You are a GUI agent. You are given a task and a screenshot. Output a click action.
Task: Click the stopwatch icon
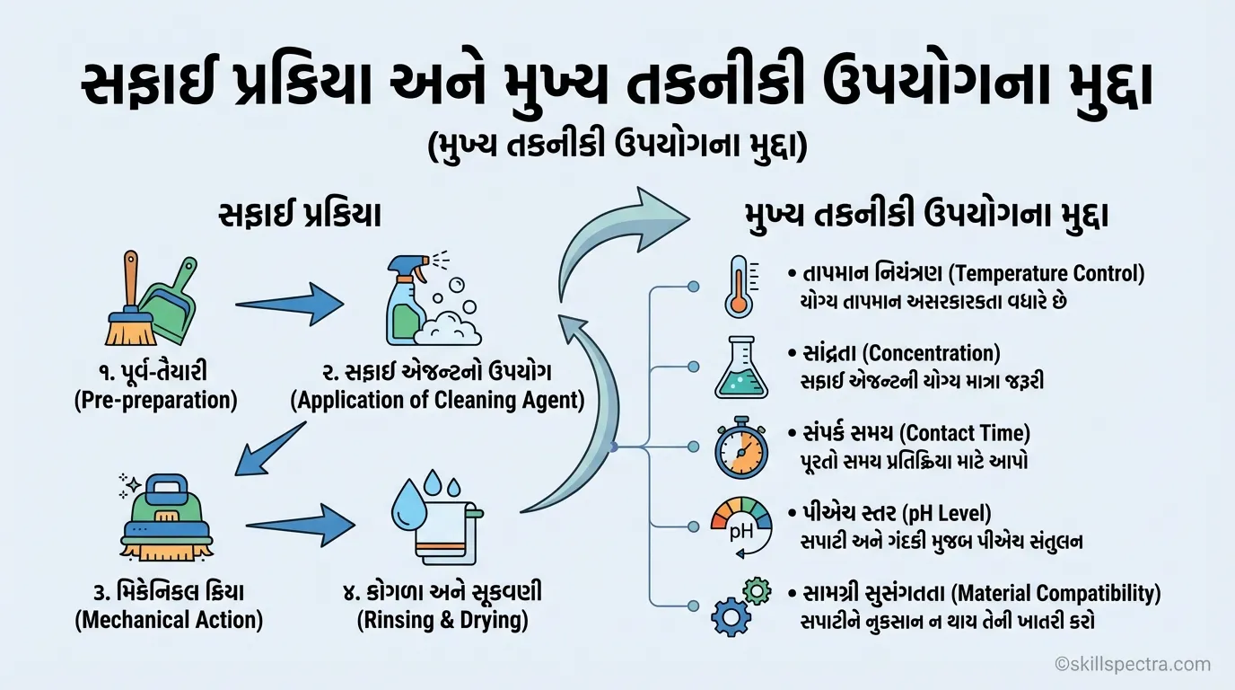740,447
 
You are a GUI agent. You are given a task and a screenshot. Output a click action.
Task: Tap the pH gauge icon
740,526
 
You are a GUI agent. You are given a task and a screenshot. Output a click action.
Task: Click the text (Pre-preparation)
155,401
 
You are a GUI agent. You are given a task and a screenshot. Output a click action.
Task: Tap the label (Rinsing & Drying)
442,620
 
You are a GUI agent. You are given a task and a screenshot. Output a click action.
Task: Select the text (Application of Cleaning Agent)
437,401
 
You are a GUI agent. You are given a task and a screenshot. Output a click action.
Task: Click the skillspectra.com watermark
1133,665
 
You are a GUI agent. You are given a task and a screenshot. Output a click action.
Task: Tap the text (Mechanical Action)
169,620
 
